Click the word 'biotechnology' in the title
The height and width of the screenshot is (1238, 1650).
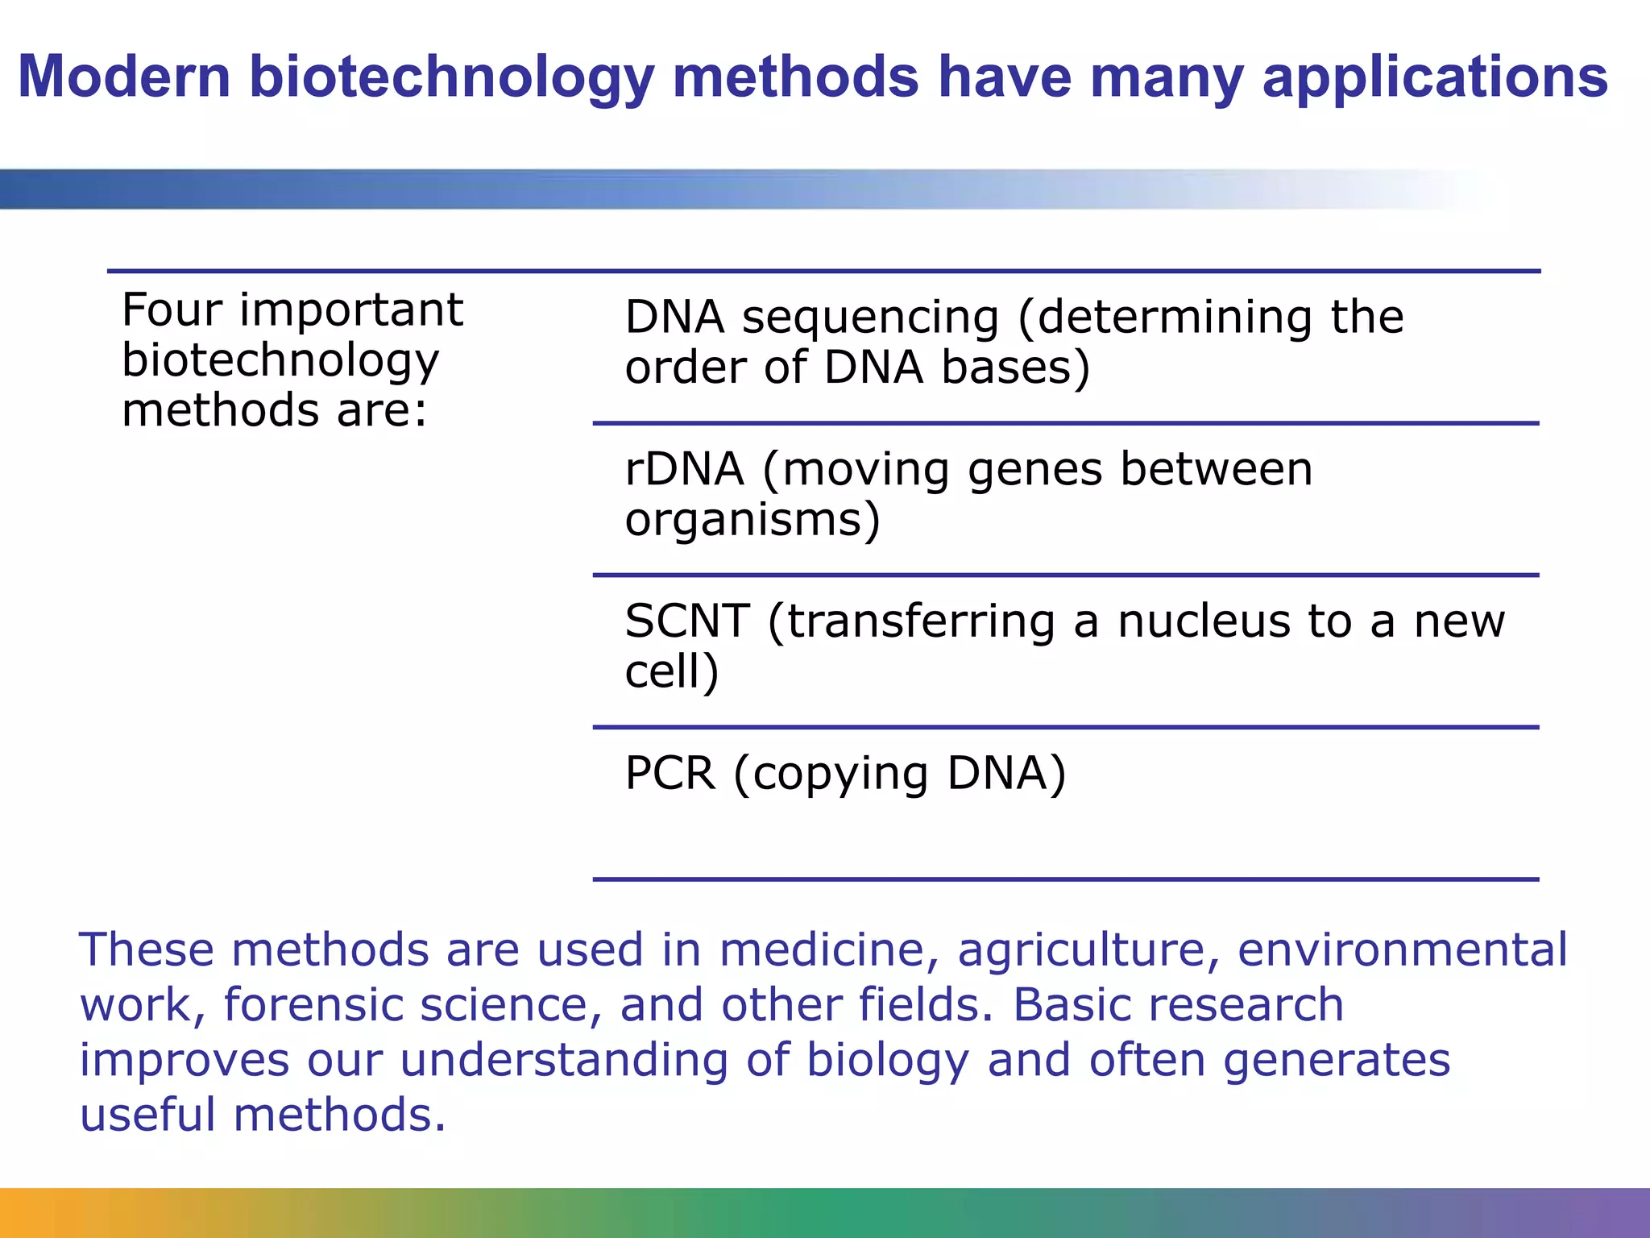pyautogui.click(x=451, y=78)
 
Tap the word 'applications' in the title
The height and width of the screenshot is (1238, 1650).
pyautogui.click(x=1435, y=78)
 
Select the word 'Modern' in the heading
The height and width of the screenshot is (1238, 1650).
pyautogui.click(x=124, y=77)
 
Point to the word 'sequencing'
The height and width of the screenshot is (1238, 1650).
pyautogui.click(x=870, y=318)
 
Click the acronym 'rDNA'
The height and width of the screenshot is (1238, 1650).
pyautogui.click(x=684, y=469)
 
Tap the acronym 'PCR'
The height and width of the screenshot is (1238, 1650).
pyautogui.click(x=670, y=773)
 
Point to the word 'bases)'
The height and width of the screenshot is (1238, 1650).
pyautogui.click(x=1016, y=368)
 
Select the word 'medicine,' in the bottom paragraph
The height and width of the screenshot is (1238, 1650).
pyautogui.click(x=829, y=949)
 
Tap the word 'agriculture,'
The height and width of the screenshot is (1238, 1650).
pyautogui.click(x=1088, y=951)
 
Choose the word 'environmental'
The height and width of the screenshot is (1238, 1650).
pyautogui.click(x=1403, y=949)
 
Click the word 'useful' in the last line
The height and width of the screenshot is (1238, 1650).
pyautogui.click(x=147, y=1115)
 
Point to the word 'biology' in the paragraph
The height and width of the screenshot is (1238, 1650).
pyautogui.click(x=888, y=1061)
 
